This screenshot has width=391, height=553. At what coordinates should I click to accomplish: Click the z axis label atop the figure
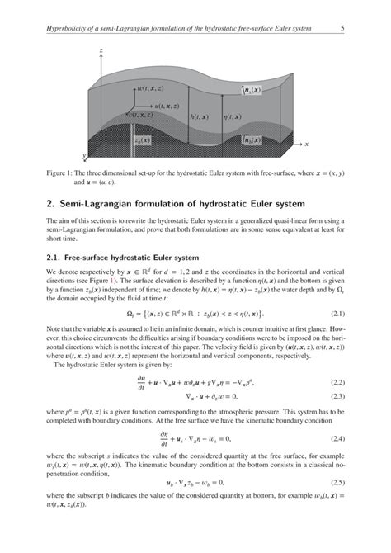101,50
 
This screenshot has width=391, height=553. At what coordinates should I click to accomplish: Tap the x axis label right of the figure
306,144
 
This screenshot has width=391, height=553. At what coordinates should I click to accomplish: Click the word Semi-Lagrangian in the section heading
100,203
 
